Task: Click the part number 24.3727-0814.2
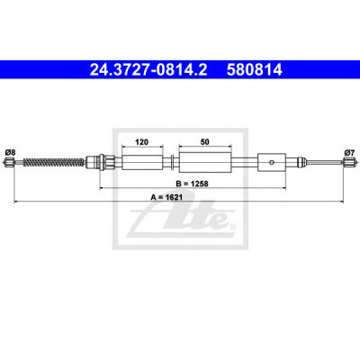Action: coord(148,70)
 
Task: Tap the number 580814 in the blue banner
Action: coord(255,70)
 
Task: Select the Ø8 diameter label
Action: coord(10,152)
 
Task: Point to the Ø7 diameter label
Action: coord(350,152)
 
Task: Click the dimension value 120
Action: coord(141,141)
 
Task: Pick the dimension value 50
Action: coord(205,141)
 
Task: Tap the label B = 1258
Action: coord(192,184)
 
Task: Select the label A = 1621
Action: coord(166,197)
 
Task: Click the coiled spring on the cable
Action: coord(53,162)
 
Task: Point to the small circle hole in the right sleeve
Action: coord(272,162)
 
